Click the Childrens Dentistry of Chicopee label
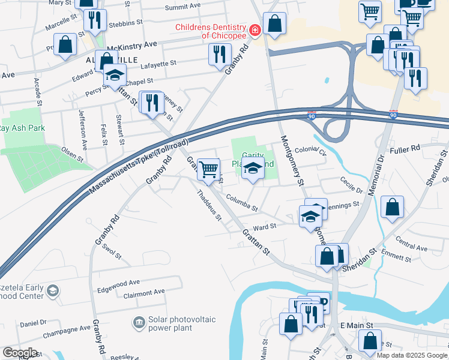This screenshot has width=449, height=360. click(x=210, y=32)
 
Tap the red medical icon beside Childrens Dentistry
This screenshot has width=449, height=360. click(x=255, y=29)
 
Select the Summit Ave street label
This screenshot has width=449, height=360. click(x=183, y=8)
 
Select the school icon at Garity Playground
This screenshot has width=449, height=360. click(x=253, y=170)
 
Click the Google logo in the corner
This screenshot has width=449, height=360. click(x=20, y=353)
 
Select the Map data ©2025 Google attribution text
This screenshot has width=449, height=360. click(x=411, y=355)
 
